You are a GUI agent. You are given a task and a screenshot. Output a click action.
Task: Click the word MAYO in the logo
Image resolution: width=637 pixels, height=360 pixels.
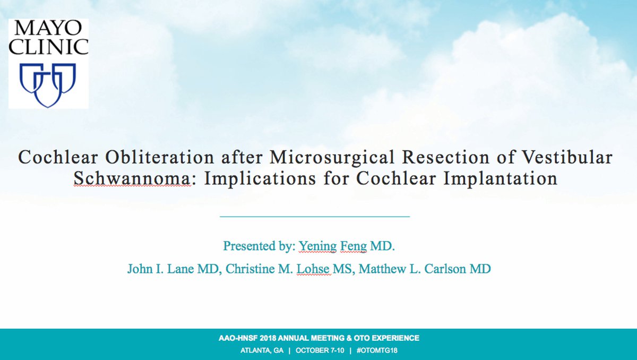[48, 28]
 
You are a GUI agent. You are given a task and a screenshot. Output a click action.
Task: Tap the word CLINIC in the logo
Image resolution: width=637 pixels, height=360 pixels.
[48, 47]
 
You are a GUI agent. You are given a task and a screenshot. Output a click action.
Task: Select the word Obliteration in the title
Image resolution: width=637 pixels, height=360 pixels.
[160, 157]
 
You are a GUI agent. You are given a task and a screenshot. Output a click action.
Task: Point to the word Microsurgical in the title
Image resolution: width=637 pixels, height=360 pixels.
[332, 157]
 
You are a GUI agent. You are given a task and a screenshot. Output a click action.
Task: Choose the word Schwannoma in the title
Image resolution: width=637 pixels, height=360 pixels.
[132, 178]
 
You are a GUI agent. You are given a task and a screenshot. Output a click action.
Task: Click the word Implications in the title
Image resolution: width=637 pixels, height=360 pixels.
[260, 179]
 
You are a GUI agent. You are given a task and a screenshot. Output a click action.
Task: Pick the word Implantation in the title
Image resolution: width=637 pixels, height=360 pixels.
[501, 179]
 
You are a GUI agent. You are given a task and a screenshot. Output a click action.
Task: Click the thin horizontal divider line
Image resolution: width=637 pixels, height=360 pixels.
[315, 217]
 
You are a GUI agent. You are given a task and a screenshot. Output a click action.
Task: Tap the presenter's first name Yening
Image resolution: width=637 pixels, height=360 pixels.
[317, 246]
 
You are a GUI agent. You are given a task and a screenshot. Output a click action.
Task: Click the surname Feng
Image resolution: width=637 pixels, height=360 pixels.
[354, 246]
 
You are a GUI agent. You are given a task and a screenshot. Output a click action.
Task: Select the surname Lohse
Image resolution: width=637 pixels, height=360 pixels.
[313, 269]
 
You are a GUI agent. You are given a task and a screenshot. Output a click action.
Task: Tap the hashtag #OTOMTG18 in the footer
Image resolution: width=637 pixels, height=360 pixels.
[377, 350]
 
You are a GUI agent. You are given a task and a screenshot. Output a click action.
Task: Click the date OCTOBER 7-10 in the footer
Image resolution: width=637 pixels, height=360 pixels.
[320, 350]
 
